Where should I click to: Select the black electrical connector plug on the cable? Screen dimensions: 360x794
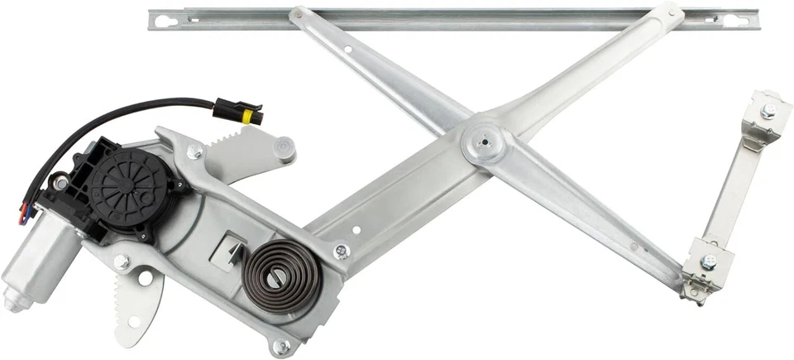pos(238,111)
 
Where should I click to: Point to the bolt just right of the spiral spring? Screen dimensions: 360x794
pos(341,251)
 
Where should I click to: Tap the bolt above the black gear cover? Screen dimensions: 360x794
pos(195,151)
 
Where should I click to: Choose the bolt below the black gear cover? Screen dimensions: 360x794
pos(122,263)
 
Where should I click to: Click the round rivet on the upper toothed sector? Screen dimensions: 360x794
pos(284,148)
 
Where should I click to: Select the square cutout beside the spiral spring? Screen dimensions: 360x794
pos(228,249)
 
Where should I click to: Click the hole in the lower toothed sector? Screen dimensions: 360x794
pos(146,279)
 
